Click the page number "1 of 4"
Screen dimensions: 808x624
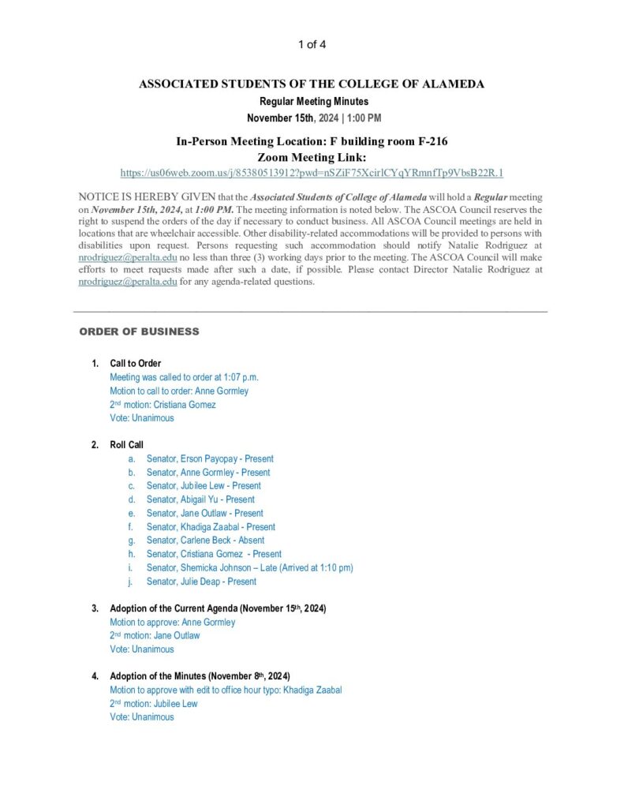(312, 44)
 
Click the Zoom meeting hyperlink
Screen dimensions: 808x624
(312, 173)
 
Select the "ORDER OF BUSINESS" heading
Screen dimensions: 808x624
(139, 331)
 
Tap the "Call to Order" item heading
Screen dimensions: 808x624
(135, 363)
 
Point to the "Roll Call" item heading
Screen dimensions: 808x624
(126, 444)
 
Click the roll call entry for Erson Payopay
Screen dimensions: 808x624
(210, 458)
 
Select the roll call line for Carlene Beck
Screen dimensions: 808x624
(205, 541)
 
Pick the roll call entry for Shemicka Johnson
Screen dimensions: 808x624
(249, 567)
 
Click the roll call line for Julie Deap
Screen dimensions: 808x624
(201, 582)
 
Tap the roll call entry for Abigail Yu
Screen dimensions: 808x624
(200, 499)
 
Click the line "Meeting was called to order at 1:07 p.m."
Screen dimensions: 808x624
(184, 377)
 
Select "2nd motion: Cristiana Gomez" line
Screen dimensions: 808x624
(163, 405)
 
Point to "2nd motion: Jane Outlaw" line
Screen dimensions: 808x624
(155, 635)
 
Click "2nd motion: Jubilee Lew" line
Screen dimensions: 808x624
(154, 703)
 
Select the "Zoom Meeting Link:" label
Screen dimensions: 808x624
(312, 157)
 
